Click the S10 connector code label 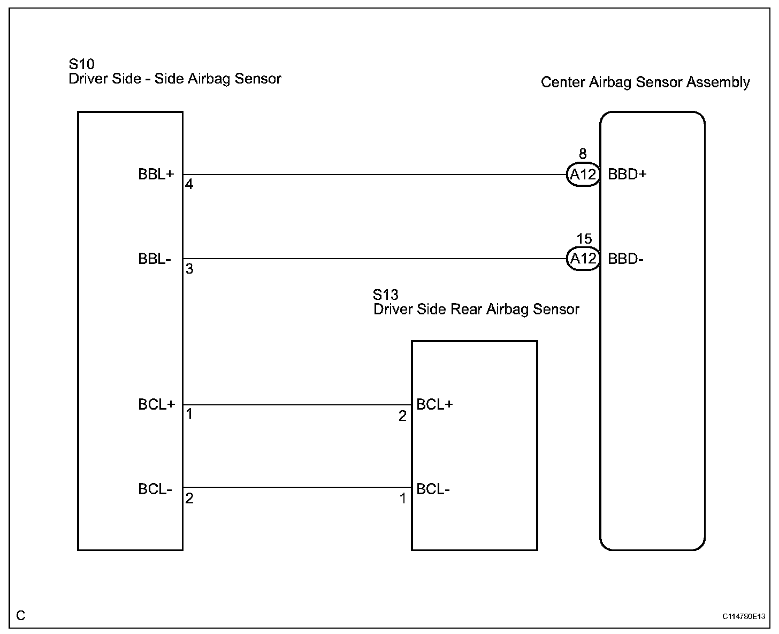pyautogui.click(x=82, y=64)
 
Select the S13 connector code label pyautogui.click(x=386, y=295)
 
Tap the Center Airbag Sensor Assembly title pyautogui.click(x=645, y=82)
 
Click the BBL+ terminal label pyautogui.click(x=156, y=175)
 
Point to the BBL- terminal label pyautogui.click(x=155, y=259)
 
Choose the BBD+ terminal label pyautogui.click(x=627, y=175)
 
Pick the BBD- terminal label pyautogui.click(x=625, y=259)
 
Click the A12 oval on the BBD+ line pyautogui.click(x=583, y=175)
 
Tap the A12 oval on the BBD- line pyautogui.click(x=583, y=259)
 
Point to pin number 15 pyautogui.click(x=584, y=239)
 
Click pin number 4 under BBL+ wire pyautogui.click(x=189, y=184)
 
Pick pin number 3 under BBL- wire pyautogui.click(x=189, y=269)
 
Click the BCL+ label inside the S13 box pyautogui.click(x=434, y=405)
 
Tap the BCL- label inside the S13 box pyautogui.click(x=433, y=489)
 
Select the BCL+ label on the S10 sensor pyautogui.click(x=156, y=405)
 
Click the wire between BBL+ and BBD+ pyautogui.click(x=375, y=175)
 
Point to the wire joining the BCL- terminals pyautogui.click(x=297, y=487)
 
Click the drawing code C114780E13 pyautogui.click(x=744, y=617)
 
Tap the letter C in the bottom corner pyautogui.click(x=21, y=616)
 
